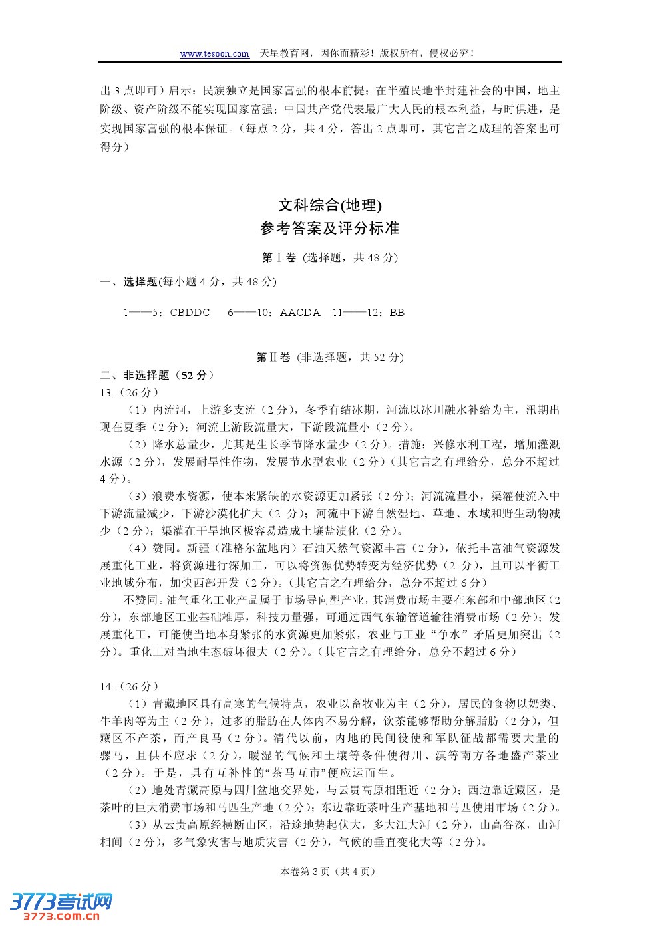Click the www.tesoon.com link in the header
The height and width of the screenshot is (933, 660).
point(214,54)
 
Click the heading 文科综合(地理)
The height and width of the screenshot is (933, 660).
point(330,205)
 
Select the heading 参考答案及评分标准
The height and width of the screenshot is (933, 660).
point(330,229)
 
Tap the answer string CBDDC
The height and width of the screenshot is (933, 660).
point(190,313)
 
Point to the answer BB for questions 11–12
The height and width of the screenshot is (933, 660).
point(397,313)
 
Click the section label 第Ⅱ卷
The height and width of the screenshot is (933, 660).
point(273,358)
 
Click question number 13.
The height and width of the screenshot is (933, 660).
point(106,392)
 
